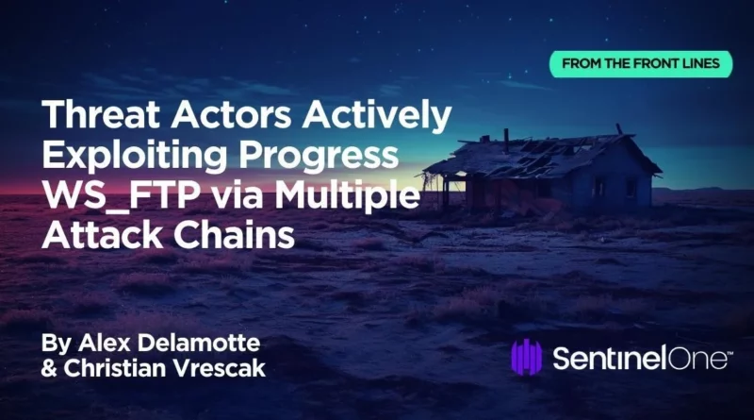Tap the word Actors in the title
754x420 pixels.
[x=231, y=114]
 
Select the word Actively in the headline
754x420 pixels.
[x=376, y=115]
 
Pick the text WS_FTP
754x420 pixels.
[x=122, y=196]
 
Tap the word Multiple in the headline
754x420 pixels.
[x=347, y=196]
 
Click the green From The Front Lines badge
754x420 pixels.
[x=641, y=63]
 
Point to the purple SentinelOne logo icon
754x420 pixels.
[x=526, y=357]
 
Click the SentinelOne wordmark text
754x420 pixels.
[x=643, y=358]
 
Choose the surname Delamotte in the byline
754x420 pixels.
[x=198, y=343]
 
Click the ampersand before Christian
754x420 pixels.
[x=50, y=368]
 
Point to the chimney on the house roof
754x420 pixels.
[x=506, y=141]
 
